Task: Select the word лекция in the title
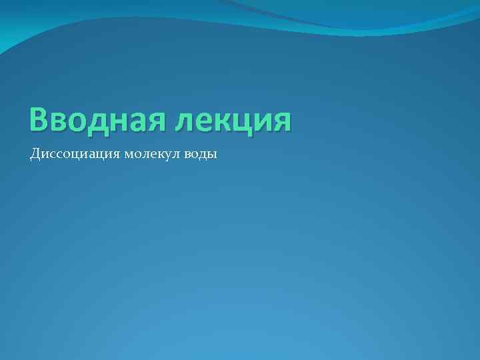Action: (233, 120)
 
